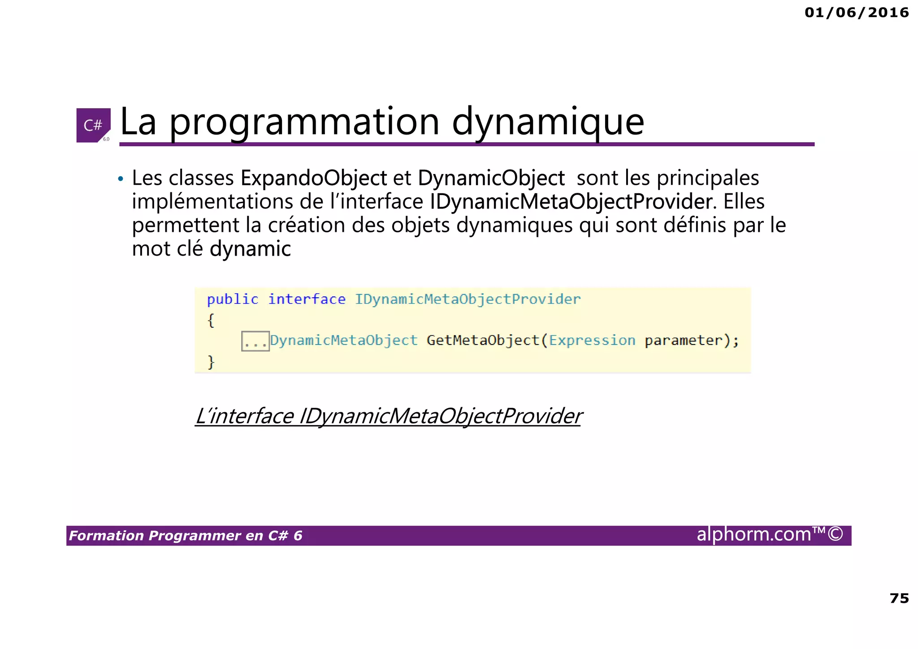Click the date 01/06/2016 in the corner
pyautogui.click(x=857, y=13)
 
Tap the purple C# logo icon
pyautogui.click(x=93, y=125)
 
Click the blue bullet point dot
pyautogui.click(x=120, y=179)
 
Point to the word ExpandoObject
pyautogui.click(x=313, y=178)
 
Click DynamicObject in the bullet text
pyautogui.click(x=491, y=178)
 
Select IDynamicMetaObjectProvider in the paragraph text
pyautogui.click(x=571, y=201)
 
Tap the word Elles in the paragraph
pyautogui.click(x=744, y=201)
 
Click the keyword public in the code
pyautogui.click(x=232, y=299)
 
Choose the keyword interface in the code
pyautogui.click(x=307, y=299)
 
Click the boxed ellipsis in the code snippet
pyautogui.click(x=255, y=341)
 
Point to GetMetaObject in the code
pyautogui.click(x=483, y=340)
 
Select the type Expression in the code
pyautogui.click(x=592, y=340)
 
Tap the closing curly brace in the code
pyautogui.click(x=211, y=362)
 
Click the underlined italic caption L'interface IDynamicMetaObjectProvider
pyautogui.click(x=388, y=416)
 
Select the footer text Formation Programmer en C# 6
pyautogui.click(x=186, y=536)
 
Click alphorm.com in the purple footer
pyautogui.click(x=753, y=534)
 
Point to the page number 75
pyautogui.click(x=899, y=598)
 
